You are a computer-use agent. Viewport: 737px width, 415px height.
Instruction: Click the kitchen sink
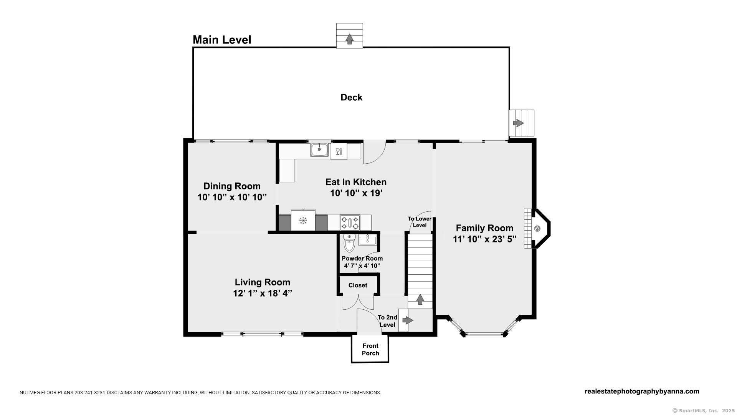(319, 149)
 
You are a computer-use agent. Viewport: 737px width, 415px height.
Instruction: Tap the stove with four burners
(350, 222)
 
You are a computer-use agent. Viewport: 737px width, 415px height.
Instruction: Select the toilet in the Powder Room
(349, 243)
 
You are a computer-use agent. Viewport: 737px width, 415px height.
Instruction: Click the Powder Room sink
(368, 240)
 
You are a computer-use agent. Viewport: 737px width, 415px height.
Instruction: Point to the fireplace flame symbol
(537, 229)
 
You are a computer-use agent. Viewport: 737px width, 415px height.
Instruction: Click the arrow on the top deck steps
(349, 39)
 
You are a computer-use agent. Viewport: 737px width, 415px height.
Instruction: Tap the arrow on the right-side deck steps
(518, 123)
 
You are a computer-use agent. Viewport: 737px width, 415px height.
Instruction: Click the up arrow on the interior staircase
(420, 299)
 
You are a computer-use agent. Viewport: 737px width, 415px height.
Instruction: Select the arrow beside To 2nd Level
(408, 320)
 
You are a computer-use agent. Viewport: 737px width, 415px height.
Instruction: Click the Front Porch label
(370, 349)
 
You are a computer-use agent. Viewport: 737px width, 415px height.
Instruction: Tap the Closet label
(358, 285)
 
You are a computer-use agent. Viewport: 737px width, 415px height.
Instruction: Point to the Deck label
(351, 97)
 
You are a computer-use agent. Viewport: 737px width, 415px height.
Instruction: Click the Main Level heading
(222, 40)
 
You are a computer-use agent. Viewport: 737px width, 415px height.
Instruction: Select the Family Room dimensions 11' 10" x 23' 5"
(484, 239)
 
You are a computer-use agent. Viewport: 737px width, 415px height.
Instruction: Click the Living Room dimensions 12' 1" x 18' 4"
(263, 293)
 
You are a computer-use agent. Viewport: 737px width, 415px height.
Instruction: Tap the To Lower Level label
(420, 222)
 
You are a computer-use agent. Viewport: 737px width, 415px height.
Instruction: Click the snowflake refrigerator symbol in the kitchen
(303, 221)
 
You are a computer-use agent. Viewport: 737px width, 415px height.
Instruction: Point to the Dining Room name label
(232, 186)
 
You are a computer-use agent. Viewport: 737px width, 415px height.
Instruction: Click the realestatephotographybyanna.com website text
(642, 391)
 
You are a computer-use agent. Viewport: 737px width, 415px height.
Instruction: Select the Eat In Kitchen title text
(356, 182)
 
